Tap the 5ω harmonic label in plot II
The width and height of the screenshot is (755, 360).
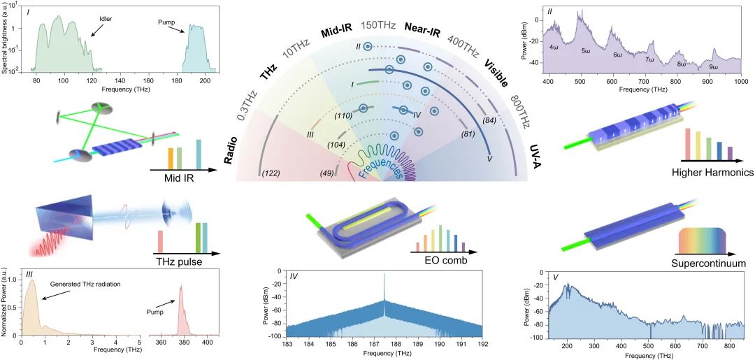click(x=587, y=50)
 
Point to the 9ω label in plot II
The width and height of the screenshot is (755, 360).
click(x=713, y=66)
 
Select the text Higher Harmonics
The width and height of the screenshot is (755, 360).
click(x=707, y=172)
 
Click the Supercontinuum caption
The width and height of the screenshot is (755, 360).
click(x=707, y=264)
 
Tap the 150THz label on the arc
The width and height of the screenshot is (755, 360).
click(x=379, y=24)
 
